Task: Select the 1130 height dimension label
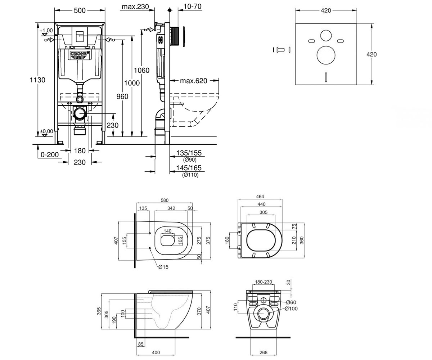tap(37, 80)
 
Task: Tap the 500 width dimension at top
tap(80, 10)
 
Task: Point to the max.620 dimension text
tap(193, 81)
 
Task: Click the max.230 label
tap(135, 6)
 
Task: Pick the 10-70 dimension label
tap(192, 6)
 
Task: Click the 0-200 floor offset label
tap(50, 155)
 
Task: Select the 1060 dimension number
tap(141, 70)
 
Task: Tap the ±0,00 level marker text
tap(46, 131)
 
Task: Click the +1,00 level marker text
tap(46, 30)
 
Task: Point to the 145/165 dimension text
tap(189, 168)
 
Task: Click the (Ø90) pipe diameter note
tap(190, 160)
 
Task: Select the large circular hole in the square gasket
tap(326, 55)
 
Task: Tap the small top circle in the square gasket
tap(326, 36)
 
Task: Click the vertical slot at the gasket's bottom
tap(326, 77)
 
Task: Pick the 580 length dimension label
tap(165, 200)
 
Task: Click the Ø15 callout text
tap(163, 267)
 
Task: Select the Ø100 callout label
tap(291, 309)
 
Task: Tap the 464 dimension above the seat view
tap(260, 197)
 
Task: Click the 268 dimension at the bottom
tap(264, 352)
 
